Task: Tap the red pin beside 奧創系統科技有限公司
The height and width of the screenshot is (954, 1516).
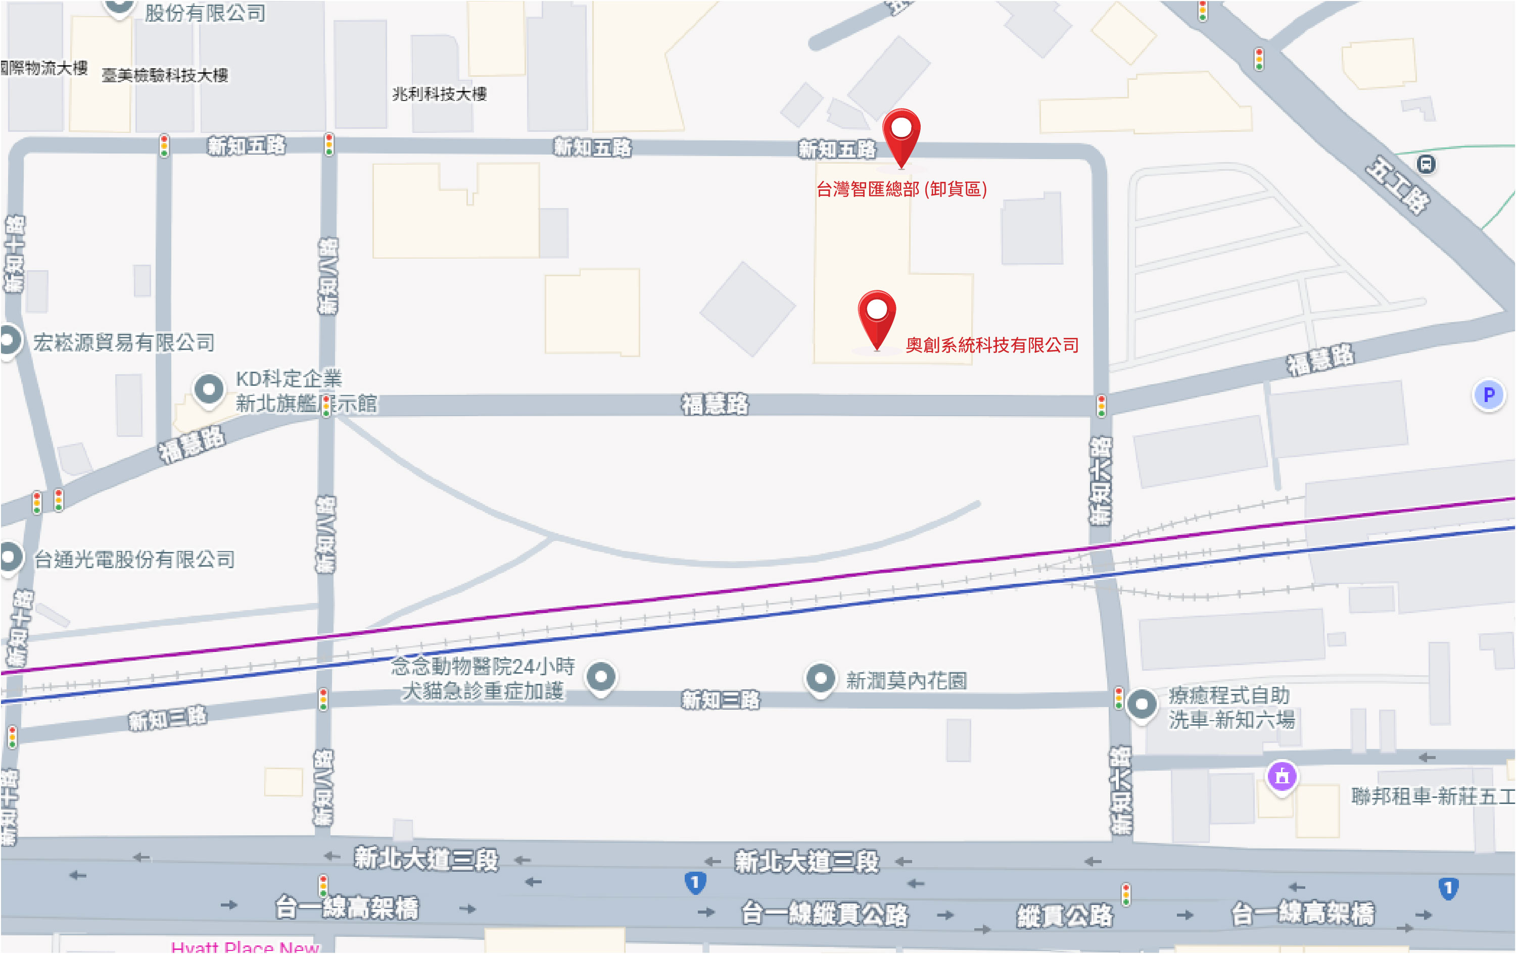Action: (x=876, y=315)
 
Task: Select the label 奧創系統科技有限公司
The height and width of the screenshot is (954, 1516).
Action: (x=991, y=345)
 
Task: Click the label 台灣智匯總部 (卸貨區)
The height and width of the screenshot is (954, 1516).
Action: (x=901, y=189)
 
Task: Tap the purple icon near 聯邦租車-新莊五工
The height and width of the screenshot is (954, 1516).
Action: (x=1282, y=777)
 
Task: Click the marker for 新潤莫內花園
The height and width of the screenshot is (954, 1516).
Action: (x=820, y=679)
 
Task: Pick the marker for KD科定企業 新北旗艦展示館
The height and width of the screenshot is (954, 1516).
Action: (x=209, y=390)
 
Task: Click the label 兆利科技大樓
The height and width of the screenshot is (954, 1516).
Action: (x=440, y=94)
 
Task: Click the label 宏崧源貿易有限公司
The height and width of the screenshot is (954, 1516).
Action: (x=124, y=342)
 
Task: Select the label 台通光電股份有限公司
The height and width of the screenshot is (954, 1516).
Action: (x=134, y=559)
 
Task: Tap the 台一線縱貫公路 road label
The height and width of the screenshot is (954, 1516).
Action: (x=824, y=914)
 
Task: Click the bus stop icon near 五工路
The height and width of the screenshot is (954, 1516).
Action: (x=1426, y=165)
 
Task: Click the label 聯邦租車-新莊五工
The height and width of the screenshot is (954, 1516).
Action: (x=1432, y=796)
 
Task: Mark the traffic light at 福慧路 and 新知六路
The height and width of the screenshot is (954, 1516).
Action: (x=1101, y=406)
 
